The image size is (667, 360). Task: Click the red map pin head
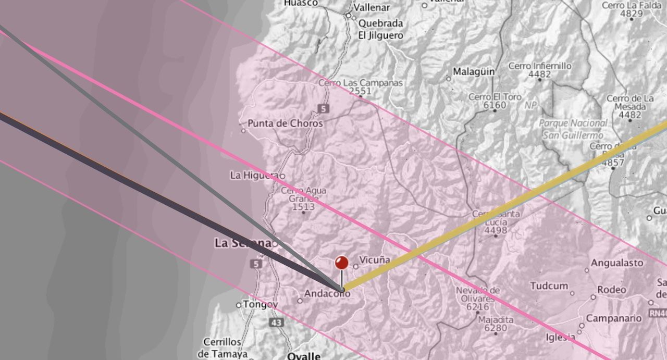pos(341,262)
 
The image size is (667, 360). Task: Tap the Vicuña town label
pos(374,259)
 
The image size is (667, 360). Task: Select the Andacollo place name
pos(327,294)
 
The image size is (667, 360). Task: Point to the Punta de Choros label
pos(285,123)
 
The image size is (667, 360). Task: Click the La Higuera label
pos(256,175)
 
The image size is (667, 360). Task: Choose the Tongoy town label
pos(261,304)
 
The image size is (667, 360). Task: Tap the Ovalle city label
pos(304,356)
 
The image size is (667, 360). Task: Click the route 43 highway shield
pos(277,323)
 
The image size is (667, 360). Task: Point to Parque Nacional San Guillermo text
pos(573,129)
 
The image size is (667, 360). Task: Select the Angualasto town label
pos(617,263)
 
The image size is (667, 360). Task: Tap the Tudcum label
pos(549,285)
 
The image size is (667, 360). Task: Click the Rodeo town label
pos(612,290)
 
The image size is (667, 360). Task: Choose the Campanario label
pos(614,318)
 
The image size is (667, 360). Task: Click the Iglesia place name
pos(561,337)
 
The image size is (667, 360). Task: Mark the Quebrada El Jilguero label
pos(380,30)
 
